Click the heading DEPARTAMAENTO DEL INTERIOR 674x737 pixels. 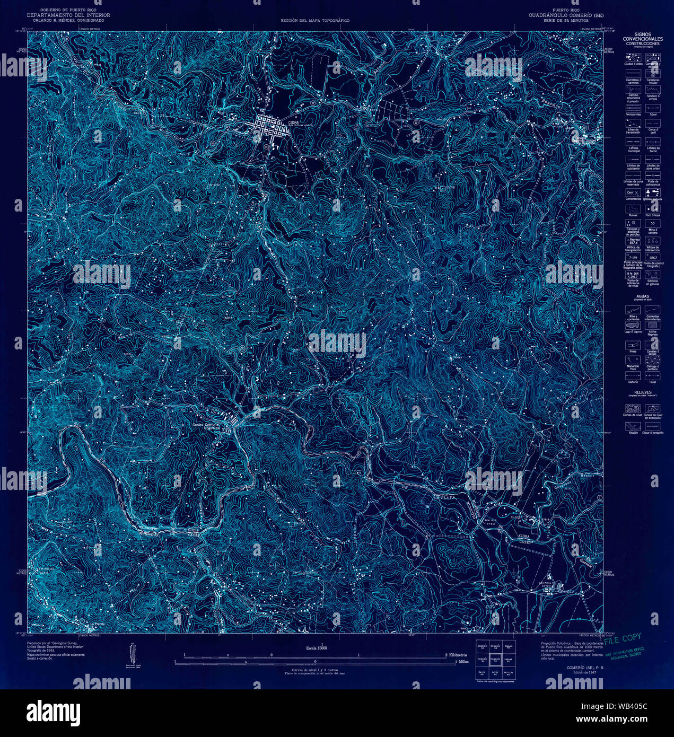(x=68, y=15)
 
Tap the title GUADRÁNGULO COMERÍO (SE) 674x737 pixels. (x=565, y=15)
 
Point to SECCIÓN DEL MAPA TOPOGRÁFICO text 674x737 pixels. (x=315, y=21)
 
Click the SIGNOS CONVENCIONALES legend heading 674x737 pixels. (x=642, y=37)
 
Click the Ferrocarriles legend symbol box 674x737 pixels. (x=633, y=106)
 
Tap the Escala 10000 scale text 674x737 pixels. (x=315, y=648)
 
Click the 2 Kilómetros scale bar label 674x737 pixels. (x=459, y=655)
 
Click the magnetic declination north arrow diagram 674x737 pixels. (x=132, y=653)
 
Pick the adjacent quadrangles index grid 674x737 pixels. (x=494, y=661)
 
